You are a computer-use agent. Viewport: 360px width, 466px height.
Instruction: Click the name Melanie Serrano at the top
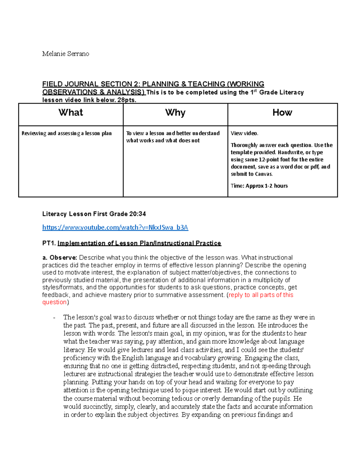(x=65, y=54)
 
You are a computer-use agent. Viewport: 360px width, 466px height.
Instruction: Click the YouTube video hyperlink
(x=115, y=227)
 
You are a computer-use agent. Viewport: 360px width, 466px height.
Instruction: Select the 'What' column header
(x=71, y=113)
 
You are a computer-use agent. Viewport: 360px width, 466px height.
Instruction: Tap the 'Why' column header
(x=175, y=113)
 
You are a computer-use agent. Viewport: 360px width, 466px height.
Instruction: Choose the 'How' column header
(x=282, y=113)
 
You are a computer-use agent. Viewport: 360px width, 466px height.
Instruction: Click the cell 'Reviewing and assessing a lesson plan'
(x=67, y=133)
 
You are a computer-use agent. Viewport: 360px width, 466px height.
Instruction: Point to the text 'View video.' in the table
(x=244, y=133)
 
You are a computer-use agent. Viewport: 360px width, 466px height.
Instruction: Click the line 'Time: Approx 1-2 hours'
(x=259, y=186)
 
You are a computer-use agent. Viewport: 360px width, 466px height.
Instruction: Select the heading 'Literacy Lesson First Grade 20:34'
(x=94, y=214)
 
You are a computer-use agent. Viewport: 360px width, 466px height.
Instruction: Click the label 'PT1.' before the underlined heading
(x=49, y=243)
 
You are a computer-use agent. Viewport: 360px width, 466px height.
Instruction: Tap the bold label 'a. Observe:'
(x=60, y=258)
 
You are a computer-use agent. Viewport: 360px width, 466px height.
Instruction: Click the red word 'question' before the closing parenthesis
(x=54, y=302)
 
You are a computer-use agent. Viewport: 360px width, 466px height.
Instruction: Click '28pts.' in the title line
(x=127, y=100)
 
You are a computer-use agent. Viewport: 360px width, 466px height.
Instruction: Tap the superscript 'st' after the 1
(x=255, y=91)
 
